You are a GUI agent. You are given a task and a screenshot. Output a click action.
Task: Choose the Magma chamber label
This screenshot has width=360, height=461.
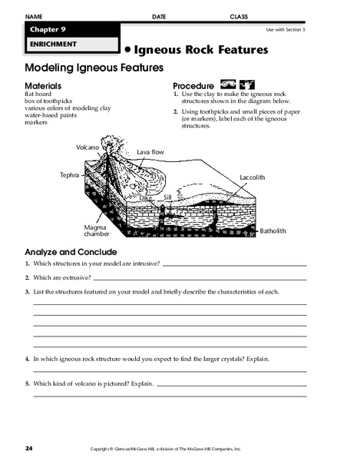click(x=97, y=230)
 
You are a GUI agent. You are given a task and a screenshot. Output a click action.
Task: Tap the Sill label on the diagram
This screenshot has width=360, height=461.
click(x=167, y=197)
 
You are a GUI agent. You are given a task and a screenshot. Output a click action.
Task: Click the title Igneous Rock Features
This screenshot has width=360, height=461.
click(x=201, y=50)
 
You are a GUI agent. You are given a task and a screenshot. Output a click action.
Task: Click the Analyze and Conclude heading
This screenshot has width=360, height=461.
click(x=71, y=251)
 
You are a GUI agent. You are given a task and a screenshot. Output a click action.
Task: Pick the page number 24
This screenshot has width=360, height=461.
click(x=29, y=447)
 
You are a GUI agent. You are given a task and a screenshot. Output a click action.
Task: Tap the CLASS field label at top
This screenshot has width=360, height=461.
click(x=239, y=16)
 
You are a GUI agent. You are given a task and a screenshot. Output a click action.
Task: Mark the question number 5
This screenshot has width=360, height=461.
click(x=27, y=383)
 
